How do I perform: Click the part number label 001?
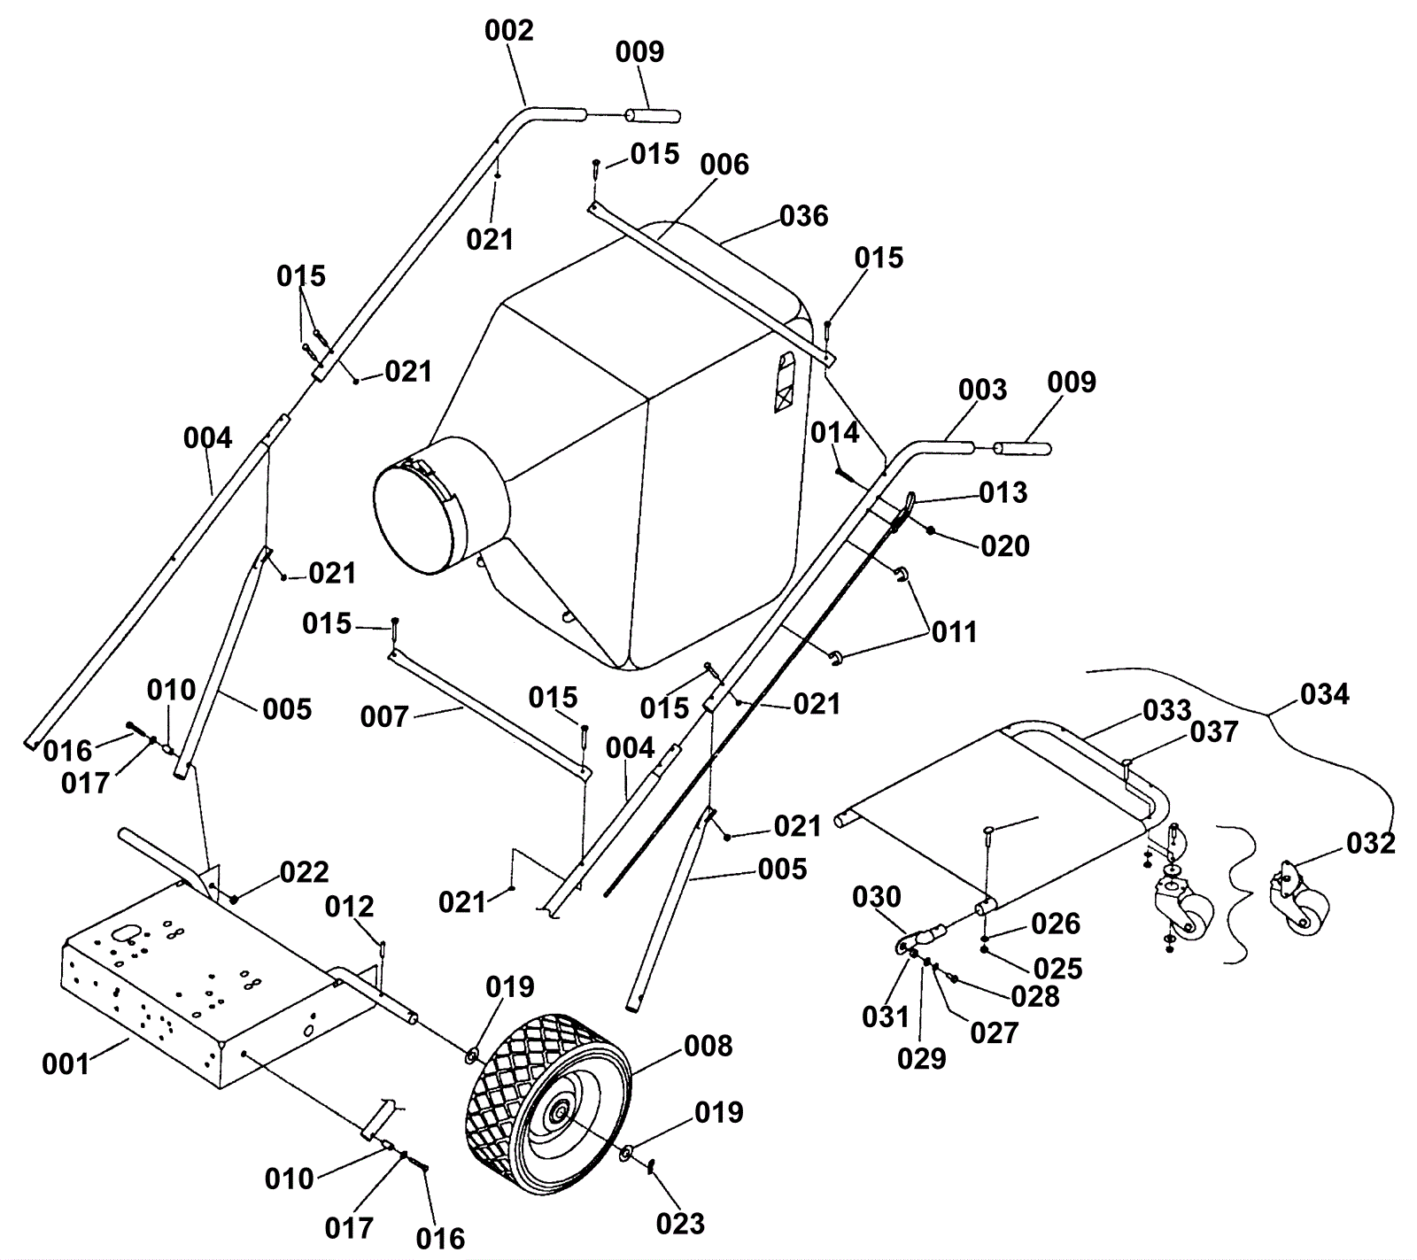pos(66,1063)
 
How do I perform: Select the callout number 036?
pos(804,216)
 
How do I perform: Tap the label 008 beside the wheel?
pos(708,1046)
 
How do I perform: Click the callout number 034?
pos(1325,694)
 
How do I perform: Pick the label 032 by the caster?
pos(1371,843)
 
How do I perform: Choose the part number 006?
pos(724,165)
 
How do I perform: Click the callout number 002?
pos(509,31)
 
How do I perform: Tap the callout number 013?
pos(1003,492)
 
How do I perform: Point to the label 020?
pos(1005,545)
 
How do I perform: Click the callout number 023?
pos(680,1224)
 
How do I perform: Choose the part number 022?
pos(304,872)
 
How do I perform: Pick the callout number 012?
pos(350,907)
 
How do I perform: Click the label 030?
pos(877,897)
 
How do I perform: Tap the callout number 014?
pos(835,432)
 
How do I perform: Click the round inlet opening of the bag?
pos(420,519)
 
